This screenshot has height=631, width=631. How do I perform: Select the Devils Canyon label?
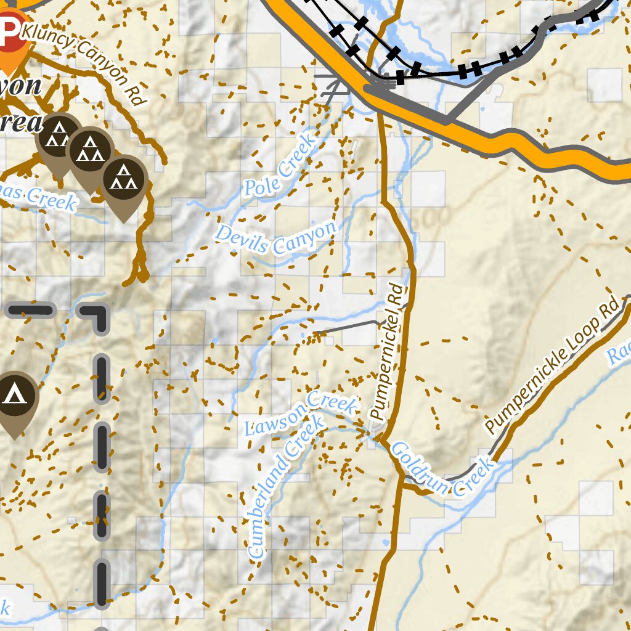tap(276, 238)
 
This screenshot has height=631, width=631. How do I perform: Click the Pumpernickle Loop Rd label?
tap(551, 367)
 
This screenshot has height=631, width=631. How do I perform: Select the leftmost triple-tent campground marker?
tap(58, 135)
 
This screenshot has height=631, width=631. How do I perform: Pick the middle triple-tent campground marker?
tap(90, 150)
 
